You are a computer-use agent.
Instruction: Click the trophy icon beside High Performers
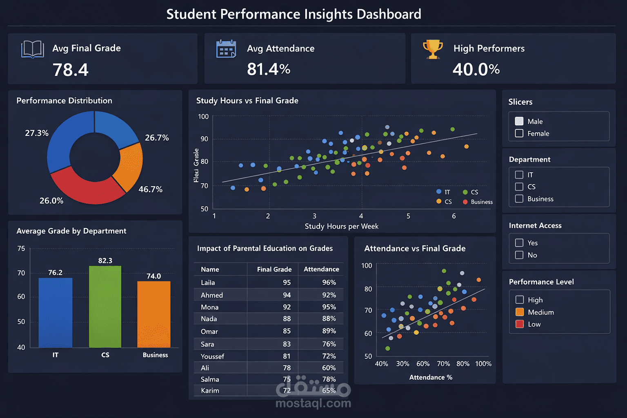coord(433,49)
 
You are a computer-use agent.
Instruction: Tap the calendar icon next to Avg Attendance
coord(226,49)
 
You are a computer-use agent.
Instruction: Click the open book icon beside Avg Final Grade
coord(33,49)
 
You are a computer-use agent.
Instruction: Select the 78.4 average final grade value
coord(71,70)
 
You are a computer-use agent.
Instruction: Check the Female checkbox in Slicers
coord(519,133)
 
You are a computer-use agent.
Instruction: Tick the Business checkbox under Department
coord(519,199)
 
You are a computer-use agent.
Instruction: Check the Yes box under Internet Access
coord(519,243)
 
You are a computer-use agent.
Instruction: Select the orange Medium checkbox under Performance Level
coord(520,312)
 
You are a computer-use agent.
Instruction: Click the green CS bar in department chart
coord(105,306)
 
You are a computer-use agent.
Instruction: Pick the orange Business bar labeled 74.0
coord(154,314)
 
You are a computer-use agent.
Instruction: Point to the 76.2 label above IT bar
coord(55,273)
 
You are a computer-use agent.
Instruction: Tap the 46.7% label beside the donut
coord(150,189)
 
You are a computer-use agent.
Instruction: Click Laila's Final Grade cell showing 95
coord(287,282)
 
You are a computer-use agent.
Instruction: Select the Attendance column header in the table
coord(321,269)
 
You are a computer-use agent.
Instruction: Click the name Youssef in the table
coord(212,356)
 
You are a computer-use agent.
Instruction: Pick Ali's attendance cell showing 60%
coord(329,368)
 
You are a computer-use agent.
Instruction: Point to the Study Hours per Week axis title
coord(341,227)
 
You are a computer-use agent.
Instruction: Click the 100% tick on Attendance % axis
coord(483,364)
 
